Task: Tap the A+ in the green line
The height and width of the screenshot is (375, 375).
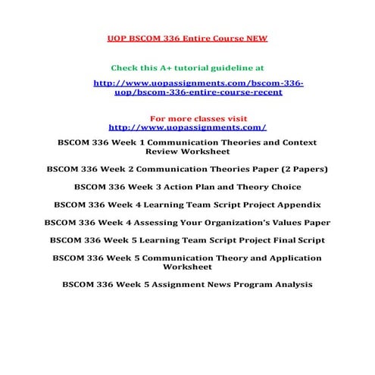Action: (x=173, y=67)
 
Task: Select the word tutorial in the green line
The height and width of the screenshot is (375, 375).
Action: (x=203, y=67)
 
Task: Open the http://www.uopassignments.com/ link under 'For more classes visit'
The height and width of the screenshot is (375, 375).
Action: (x=188, y=127)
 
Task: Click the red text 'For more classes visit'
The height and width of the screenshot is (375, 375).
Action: (x=188, y=119)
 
